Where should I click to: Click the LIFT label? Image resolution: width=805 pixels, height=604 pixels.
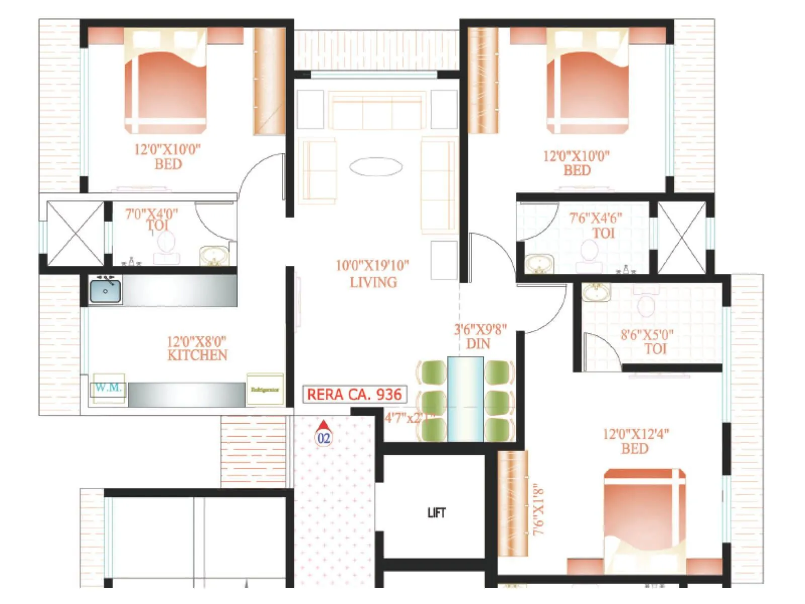436,512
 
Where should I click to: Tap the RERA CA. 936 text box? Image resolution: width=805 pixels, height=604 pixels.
354,394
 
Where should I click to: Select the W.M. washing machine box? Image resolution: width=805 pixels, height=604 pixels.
108,388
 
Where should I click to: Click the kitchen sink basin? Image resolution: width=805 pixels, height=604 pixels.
106,291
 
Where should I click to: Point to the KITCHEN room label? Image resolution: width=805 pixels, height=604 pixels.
197,355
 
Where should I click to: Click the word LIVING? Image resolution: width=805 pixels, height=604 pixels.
373,282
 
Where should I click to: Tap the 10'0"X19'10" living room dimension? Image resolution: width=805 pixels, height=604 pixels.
372,265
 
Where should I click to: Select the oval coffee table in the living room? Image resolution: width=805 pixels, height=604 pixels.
376,167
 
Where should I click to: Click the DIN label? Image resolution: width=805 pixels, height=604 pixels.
478,344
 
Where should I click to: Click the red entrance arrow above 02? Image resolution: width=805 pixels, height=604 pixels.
324,425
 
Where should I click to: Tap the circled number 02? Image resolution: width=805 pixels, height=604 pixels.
324,438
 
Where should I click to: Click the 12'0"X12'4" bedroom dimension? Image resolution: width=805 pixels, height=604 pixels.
636,434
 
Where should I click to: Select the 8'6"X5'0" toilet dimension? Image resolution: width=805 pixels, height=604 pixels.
647,335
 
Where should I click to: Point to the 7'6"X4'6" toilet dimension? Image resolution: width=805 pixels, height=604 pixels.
596,218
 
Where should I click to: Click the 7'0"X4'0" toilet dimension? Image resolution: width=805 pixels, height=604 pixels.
151,214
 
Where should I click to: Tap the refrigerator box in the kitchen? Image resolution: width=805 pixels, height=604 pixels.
265,389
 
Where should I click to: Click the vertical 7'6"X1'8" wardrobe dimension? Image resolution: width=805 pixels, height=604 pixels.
538,509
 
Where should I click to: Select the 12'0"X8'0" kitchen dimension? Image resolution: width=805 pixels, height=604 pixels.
197,341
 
